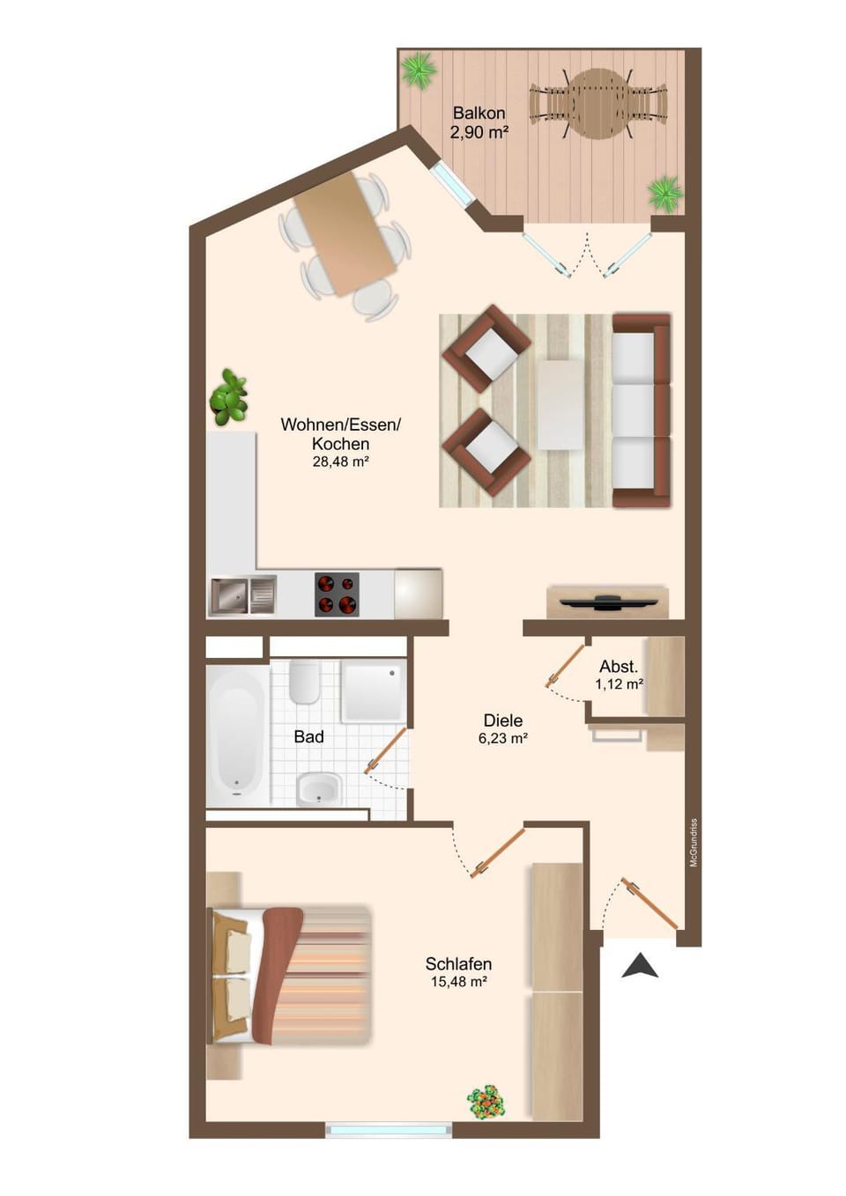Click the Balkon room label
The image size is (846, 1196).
[x=479, y=114]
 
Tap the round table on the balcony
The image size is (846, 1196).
[x=598, y=104]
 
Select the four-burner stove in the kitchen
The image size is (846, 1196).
[x=337, y=594]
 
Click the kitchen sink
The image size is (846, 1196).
[x=242, y=595]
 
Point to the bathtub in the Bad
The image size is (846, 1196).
[x=237, y=736]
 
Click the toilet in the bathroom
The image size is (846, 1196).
[x=304, y=682]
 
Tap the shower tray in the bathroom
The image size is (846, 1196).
[x=372, y=690]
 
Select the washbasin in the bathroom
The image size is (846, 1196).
[x=318, y=788]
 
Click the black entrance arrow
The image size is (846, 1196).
[x=640, y=966]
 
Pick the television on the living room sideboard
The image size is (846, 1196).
[x=607, y=602]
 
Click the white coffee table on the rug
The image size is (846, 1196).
[x=560, y=405]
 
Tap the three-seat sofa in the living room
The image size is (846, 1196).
[x=641, y=410]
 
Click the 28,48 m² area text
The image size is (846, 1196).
[x=340, y=461]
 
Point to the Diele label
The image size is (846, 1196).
[x=502, y=720]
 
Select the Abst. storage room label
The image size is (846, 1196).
[x=618, y=667]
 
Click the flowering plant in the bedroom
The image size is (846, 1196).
[x=486, y=1101]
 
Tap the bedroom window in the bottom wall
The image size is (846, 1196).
[x=388, y=1130]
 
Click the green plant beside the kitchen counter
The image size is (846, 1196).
[x=229, y=397]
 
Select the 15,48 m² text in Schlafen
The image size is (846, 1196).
[x=458, y=982]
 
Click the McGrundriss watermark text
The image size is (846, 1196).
[x=694, y=843]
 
